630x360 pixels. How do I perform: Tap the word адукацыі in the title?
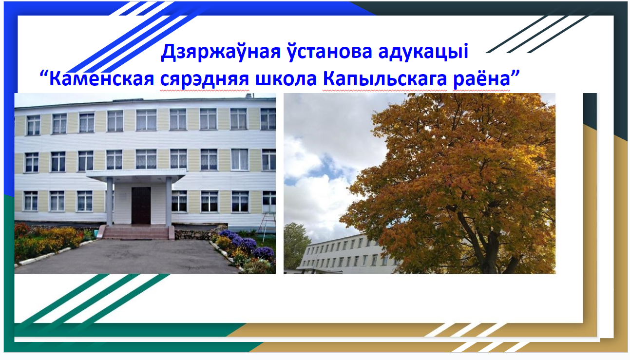tap(423, 52)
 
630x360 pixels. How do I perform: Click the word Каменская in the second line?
tap(101, 79)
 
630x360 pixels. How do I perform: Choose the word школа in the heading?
tap(286, 79)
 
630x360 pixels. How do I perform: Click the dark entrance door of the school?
tap(141, 206)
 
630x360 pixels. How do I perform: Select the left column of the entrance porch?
tap(110, 201)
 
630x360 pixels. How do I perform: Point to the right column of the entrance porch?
tap(169, 201)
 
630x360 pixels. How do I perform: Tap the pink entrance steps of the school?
tap(136, 232)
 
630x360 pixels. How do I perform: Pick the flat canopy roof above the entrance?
tap(136, 175)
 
